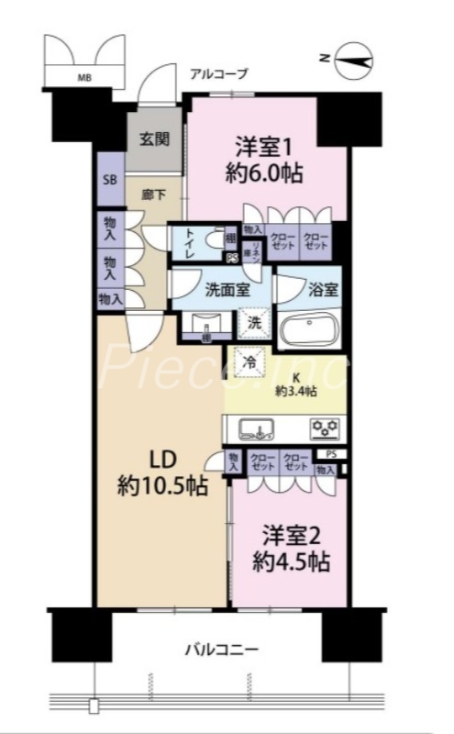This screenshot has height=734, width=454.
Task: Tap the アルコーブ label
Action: click(x=218, y=74)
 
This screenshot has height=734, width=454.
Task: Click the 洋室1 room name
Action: click(x=267, y=146)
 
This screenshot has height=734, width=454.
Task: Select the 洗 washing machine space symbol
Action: click(x=254, y=322)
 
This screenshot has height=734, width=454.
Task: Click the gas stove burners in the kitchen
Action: click(x=326, y=428)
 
